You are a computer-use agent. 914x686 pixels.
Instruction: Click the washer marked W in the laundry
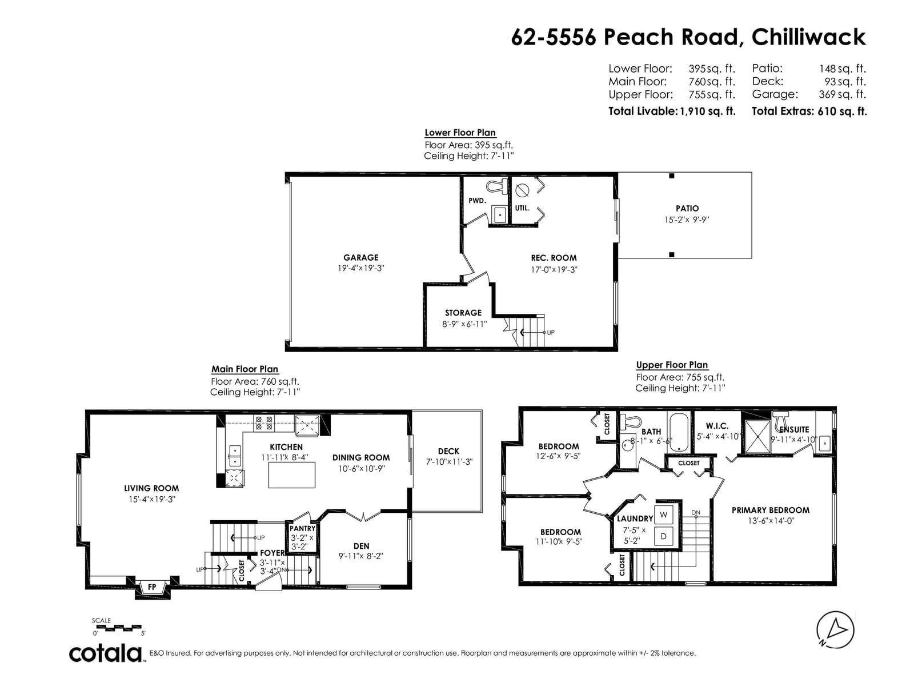(663, 515)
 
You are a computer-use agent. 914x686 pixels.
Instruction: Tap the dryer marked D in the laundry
(663, 536)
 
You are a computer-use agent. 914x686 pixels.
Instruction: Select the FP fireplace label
(152, 587)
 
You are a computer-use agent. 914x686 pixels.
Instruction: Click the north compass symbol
(835, 630)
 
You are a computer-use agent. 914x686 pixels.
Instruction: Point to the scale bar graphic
(118, 628)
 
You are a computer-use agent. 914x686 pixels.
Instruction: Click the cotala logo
(106, 654)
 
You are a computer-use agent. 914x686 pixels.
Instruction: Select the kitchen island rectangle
(291, 475)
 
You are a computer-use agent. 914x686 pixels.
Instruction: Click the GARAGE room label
(360, 257)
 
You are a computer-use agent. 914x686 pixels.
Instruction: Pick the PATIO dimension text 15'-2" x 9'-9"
(687, 220)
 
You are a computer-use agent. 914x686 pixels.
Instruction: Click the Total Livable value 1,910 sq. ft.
(707, 111)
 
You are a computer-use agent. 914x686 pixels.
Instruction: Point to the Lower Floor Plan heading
(460, 133)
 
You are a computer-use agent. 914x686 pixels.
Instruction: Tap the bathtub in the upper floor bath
(678, 432)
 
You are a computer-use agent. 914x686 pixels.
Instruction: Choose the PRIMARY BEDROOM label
(771, 510)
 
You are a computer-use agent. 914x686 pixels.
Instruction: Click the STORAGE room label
(463, 313)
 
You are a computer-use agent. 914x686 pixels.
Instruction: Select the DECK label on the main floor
(448, 451)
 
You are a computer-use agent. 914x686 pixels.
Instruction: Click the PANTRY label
(302, 528)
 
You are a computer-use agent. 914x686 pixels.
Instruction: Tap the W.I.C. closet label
(717, 426)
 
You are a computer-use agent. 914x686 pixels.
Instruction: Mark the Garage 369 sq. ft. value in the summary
(842, 94)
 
